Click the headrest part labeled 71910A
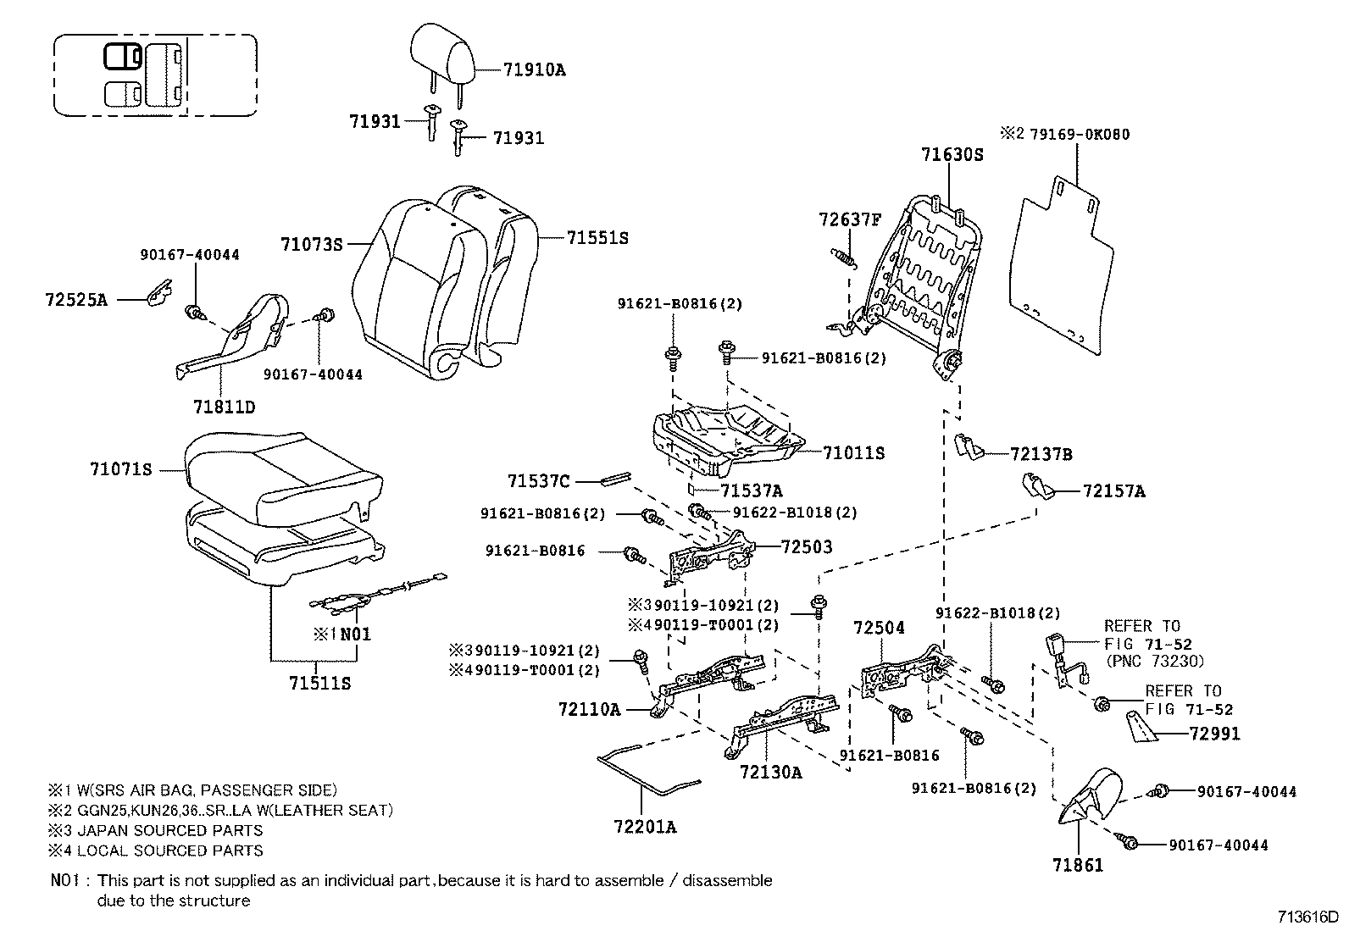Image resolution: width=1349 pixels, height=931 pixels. coord(443,53)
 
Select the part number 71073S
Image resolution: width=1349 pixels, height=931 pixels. coord(311,245)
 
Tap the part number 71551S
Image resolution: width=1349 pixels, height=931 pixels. coord(597,238)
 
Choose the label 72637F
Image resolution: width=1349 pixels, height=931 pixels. coord(850,219)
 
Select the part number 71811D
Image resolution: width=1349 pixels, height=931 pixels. coord(224,407)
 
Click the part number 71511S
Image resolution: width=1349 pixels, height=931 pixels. coord(319,683)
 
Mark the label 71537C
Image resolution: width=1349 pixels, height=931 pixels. coord(539,481)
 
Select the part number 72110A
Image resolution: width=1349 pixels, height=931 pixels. coord(589,709)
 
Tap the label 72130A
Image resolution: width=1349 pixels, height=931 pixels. coord(770,773)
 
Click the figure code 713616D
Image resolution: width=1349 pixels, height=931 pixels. coord(1307,917)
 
